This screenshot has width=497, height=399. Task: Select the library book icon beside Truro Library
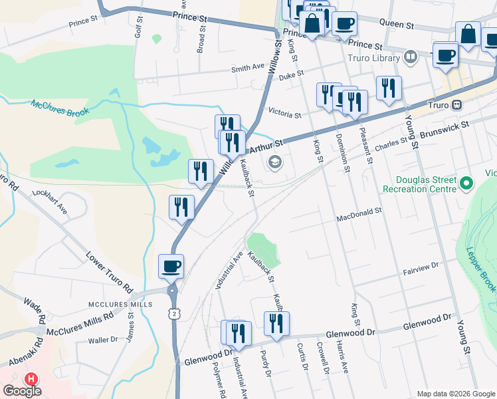tap(411, 57)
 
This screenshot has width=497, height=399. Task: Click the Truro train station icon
tap(457, 105)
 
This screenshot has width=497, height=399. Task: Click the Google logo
tap(22, 390)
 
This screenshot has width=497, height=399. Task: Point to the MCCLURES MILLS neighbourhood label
tap(116, 305)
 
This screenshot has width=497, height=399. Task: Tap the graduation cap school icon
tap(274, 162)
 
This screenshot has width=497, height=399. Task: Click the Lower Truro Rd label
tap(110, 273)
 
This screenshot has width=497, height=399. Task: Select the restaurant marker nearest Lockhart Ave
tap(181, 207)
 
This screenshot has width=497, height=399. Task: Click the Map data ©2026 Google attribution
tap(455, 394)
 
